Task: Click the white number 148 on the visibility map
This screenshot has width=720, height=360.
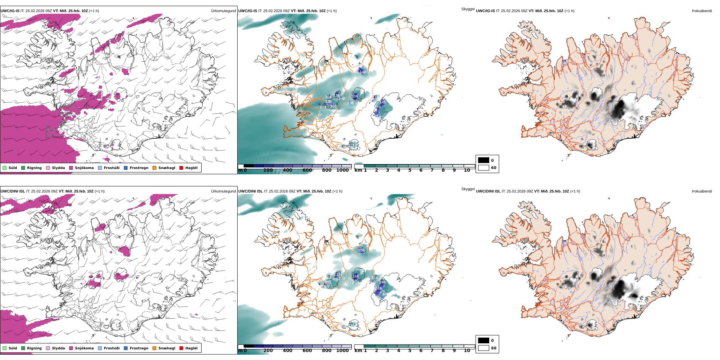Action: (363, 72)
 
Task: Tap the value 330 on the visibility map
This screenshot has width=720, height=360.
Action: (328, 102)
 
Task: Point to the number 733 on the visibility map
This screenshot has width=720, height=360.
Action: (350, 283)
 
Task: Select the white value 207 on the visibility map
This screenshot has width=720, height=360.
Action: (342, 279)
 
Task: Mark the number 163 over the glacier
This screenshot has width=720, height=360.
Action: (379, 288)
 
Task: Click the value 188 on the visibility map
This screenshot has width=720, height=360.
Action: (350, 103)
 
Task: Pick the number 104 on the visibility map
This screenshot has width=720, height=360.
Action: (328, 97)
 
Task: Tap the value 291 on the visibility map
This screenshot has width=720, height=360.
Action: (328, 282)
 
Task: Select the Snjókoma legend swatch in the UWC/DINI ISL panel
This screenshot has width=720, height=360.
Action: (71, 348)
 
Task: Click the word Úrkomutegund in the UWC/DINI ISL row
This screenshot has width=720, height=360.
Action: (223, 191)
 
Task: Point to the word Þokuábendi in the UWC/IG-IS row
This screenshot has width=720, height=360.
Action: (702, 11)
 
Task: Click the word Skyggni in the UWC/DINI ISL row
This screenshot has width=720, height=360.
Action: (468, 189)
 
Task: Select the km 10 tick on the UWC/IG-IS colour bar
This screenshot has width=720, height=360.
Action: (467, 170)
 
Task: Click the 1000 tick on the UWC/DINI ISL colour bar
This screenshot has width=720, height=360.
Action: (342, 351)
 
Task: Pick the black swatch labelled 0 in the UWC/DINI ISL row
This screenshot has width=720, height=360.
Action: (484, 340)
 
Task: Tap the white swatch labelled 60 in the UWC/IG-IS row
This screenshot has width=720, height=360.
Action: (484, 167)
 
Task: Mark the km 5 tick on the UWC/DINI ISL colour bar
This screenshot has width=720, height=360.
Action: (410, 351)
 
